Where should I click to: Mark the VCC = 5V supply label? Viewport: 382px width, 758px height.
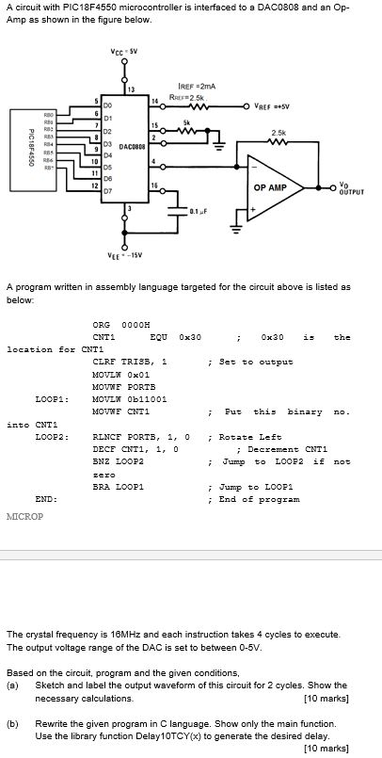point(124,53)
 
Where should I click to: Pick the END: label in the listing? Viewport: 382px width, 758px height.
point(44,499)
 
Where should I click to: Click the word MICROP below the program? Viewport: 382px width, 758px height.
point(24,517)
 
